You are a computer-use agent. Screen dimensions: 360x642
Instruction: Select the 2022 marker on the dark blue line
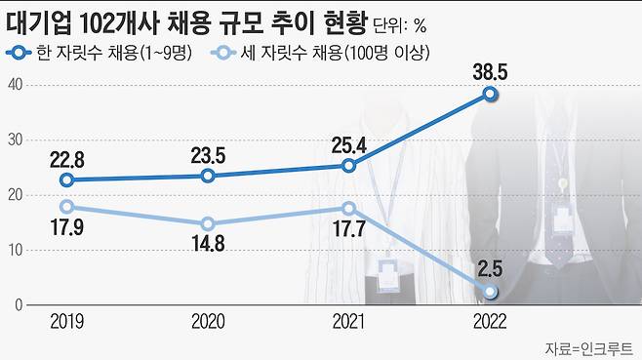pyautogui.click(x=491, y=94)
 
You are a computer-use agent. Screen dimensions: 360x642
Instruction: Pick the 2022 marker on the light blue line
pyautogui.click(x=491, y=292)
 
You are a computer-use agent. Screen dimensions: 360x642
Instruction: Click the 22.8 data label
pyautogui.click(x=67, y=157)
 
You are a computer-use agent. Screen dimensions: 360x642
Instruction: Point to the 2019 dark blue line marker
pyautogui.click(x=67, y=180)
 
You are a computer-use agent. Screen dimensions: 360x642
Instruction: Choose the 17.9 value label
pyautogui.click(x=67, y=230)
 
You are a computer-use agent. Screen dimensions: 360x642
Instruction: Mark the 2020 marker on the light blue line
pyautogui.click(x=208, y=223)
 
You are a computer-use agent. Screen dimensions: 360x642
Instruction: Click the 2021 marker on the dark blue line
pyautogui.click(x=349, y=166)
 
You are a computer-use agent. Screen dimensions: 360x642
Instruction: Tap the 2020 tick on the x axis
pyautogui.click(x=208, y=319)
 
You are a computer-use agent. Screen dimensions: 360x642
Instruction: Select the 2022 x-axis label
pyautogui.click(x=491, y=319)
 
